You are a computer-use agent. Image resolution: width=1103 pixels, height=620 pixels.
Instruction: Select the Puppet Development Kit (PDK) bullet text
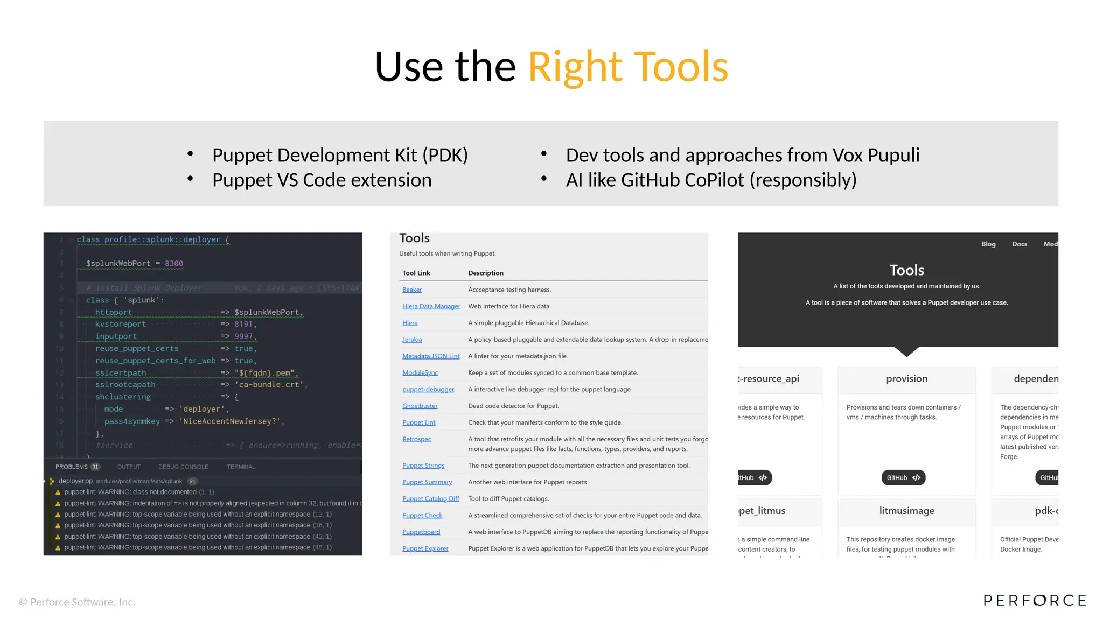pyautogui.click(x=340, y=155)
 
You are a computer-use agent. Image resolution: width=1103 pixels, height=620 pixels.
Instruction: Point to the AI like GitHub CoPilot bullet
pyautogui.click(x=711, y=180)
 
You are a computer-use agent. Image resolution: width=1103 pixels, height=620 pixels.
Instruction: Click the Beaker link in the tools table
pyautogui.click(x=412, y=290)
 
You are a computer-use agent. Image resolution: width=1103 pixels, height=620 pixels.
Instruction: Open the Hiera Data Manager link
pyautogui.click(x=431, y=306)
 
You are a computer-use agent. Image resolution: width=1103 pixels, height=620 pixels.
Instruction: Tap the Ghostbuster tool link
pyautogui.click(x=420, y=406)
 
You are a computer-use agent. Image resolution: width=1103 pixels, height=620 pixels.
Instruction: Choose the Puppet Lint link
pyautogui.click(x=418, y=422)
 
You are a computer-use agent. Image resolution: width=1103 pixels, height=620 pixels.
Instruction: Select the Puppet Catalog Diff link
pyautogui.click(x=430, y=498)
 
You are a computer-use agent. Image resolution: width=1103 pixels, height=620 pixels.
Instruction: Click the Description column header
pyautogui.click(x=485, y=273)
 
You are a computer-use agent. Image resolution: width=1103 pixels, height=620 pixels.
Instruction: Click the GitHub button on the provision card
pyautogui.click(x=903, y=477)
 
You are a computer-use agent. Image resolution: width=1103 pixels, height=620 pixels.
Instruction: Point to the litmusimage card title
pyautogui.click(x=906, y=510)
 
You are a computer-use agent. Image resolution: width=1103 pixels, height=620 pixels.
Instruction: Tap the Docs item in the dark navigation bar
pyautogui.click(x=1019, y=244)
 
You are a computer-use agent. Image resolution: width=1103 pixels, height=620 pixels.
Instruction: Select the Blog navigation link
pyautogui.click(x=988, y=244)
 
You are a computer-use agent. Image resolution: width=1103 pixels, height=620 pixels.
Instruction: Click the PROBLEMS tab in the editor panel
pyautogui.click(x=72, y=467)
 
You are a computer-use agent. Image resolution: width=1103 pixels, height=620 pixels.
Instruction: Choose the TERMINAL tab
pyautogui.click(x=241, y=467)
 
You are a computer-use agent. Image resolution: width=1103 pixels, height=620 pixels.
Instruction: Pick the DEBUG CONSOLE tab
pyautogui.click(x=183, y=467)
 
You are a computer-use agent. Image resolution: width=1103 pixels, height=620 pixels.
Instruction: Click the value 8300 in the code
pyautogui.click(x=174, y=263)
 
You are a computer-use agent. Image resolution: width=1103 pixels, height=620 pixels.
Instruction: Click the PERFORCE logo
pyautogui.click(x=1034, y=600)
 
